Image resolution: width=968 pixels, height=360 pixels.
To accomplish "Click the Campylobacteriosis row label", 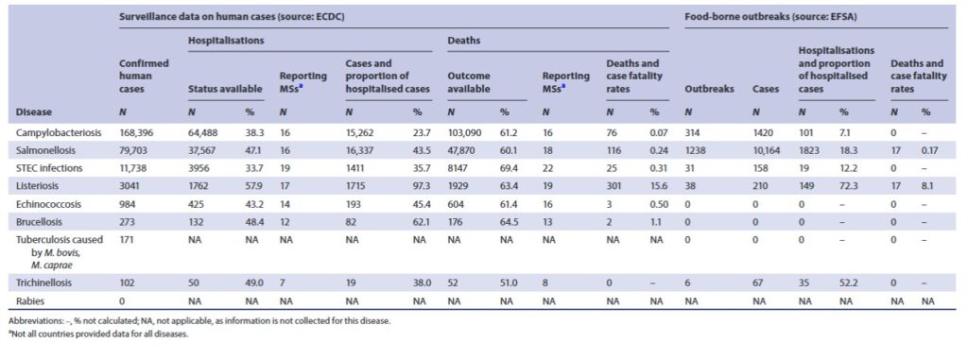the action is coord(51,133).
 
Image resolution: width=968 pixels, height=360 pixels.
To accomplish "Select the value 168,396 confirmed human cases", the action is coord(137,133).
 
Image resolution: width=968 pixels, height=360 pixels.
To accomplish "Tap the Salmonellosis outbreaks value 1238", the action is coord(696,150).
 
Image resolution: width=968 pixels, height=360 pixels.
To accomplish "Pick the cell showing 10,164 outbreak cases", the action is coord(766,150).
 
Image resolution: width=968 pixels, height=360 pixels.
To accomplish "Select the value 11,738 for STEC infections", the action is coord(134,168).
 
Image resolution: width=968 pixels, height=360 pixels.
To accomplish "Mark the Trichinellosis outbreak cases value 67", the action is coord(758,283).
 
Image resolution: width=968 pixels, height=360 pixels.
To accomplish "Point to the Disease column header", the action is coord(34,112).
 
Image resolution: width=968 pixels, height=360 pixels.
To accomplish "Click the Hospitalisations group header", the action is coord(226,40).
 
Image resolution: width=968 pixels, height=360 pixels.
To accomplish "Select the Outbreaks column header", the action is coord(709,88).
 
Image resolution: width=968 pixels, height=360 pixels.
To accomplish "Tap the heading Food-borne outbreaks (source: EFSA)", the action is coord(761,17).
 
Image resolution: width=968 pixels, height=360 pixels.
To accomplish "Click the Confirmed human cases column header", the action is coord(144,76).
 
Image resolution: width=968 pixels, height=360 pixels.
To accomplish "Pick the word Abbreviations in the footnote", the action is coord(32,321).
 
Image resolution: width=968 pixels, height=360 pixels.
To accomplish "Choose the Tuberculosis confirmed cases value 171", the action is coord(126,240).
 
